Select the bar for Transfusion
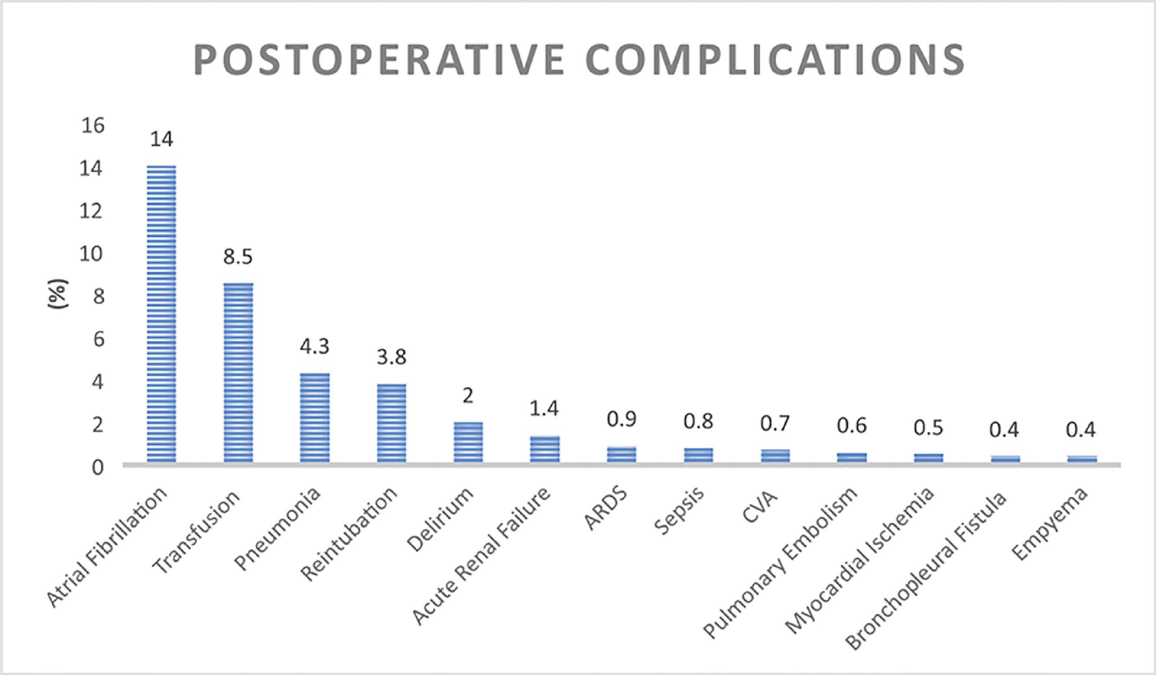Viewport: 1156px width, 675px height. point(238,372)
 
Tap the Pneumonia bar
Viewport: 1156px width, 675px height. point(315,417)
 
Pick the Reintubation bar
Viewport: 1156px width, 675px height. point(391,423)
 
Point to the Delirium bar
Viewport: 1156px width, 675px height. point(468,441)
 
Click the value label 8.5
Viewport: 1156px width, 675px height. point(238,258)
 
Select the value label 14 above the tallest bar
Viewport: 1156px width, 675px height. point(162,140)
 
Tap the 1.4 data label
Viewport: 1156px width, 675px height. point(544,409)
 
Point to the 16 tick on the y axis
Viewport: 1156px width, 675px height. point(93,126)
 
